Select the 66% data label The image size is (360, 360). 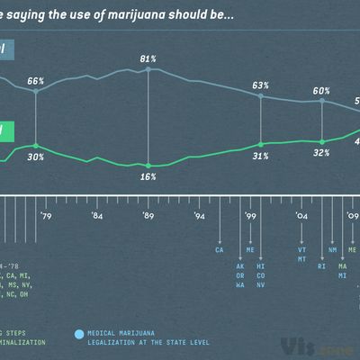click(36, 81)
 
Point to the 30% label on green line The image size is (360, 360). click(36, 157)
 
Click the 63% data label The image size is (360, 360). click(261, 85)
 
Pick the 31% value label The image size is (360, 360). click(261, 156)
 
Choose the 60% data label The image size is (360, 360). click(322, 91)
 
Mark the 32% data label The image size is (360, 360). click(322, 153)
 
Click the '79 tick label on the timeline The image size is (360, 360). click(45, 216)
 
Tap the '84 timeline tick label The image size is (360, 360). click(97, 216)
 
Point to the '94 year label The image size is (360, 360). click(200, 216)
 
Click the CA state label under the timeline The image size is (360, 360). click(219, 251)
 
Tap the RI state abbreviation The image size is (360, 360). click(322, 266)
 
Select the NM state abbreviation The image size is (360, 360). click(333, 251)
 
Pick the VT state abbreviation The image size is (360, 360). click(302, 251)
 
